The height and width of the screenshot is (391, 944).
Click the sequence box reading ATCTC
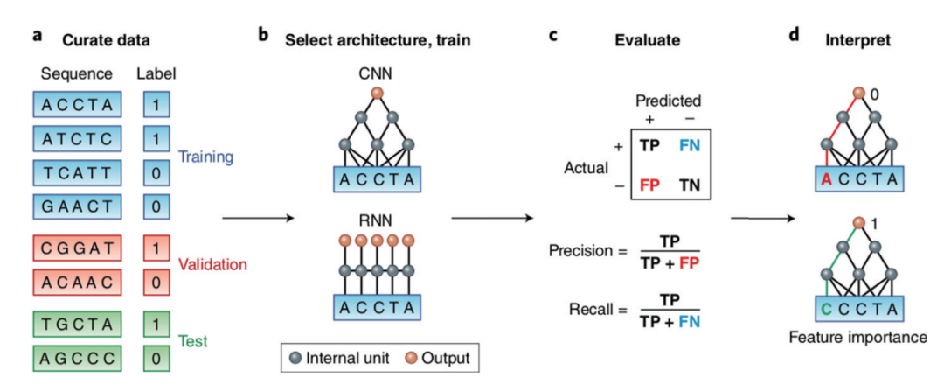[76, 138]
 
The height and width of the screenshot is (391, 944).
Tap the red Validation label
[212, 263]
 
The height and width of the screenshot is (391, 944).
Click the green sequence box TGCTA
[76, 325]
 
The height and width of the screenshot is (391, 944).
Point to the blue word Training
[206, 157]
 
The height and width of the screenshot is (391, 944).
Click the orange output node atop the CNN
[376, 93]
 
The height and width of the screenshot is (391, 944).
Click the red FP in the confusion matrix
[648, 185]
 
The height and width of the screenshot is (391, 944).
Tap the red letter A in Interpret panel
[824, 180]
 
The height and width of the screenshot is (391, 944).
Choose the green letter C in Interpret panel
[824, 309]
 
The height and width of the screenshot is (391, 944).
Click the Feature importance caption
[857, 338]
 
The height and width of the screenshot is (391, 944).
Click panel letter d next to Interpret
[794, 37]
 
